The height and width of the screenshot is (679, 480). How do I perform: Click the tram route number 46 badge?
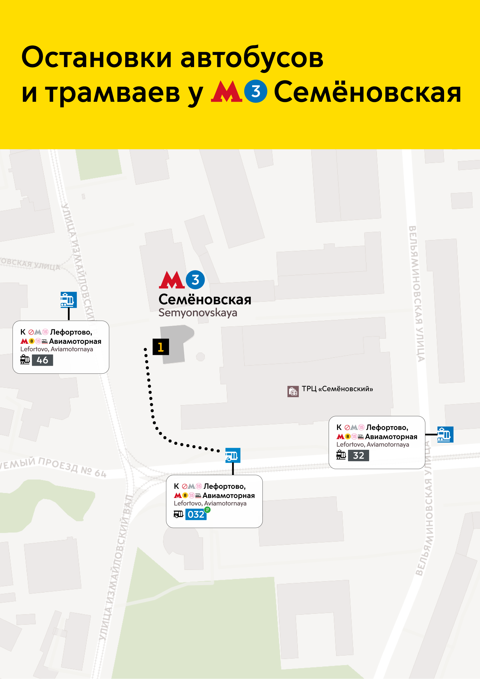tap(42, 360)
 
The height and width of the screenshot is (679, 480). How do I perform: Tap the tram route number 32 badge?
tap(359, 456)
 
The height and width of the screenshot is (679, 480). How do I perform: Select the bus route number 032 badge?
tap(196, 514)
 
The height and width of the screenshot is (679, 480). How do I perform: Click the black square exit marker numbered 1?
tap(160, 347)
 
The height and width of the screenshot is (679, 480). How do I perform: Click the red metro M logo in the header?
tap(226, 92)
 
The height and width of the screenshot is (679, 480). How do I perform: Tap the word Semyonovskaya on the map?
tap(198, 313)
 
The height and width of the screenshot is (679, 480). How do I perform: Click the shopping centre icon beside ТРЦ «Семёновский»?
tap(293, 391)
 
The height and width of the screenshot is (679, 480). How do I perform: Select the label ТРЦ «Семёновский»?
tap(337, 389)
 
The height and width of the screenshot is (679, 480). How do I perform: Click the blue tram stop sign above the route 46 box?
tap(69, 300)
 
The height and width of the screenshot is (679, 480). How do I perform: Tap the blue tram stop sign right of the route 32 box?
tap(445, 434)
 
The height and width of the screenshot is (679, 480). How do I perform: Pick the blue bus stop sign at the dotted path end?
tap(233, 456)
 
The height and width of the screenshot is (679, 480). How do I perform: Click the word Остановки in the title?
tap(96, 58)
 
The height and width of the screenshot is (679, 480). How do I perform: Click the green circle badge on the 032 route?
tap(208, 510)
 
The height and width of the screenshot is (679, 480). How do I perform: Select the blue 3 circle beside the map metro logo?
tap(195, 280)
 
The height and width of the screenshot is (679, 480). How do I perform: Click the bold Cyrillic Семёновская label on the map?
tap(205, 300)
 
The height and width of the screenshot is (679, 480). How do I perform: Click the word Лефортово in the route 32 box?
tap(387, 427)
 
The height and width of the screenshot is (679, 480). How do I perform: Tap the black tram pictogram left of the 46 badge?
tap(25, 360)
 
